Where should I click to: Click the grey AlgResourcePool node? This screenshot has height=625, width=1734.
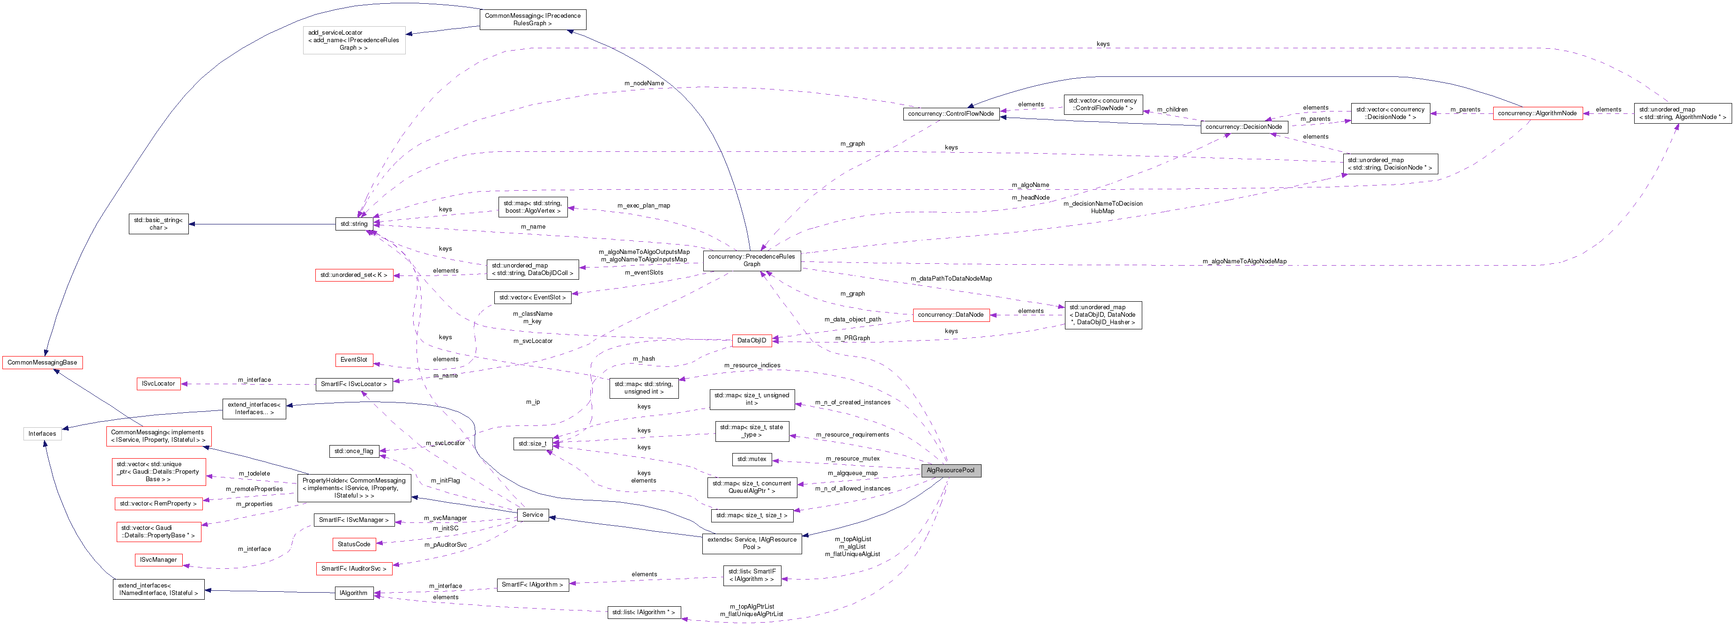coord(951,470)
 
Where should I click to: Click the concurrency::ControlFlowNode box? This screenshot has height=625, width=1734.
coord(951,114)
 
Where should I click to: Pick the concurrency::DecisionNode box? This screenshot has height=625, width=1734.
coord(1244,126)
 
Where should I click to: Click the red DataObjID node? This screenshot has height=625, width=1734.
coord(751,341)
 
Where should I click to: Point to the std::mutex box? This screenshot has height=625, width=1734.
coord(751,459)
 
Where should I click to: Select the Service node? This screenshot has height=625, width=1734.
coord(532,515)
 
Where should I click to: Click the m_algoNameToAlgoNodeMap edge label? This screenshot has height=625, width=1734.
coord(1244,261)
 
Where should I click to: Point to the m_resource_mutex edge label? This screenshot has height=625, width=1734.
coord(852,459)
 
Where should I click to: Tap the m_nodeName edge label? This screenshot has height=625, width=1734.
coord(644,83)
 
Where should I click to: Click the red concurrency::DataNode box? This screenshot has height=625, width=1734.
coord(951,315)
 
